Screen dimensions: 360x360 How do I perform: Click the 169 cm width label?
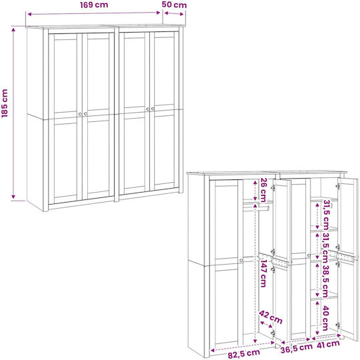pos(94,5)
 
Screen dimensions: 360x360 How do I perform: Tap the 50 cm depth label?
pos(174,5)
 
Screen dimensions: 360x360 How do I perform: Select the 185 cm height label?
pos(5,103)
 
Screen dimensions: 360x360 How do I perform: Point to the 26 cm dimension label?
pos(263,190)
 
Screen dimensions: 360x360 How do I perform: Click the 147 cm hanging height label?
pos(263,273)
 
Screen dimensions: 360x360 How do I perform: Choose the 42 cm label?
pos(271,317)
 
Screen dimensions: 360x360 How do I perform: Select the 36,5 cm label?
pos(297,348)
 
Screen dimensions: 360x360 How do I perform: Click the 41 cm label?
pos(327,345)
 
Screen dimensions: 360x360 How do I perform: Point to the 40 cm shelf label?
pos(325,318)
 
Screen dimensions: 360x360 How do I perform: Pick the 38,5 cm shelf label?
pos(325,281)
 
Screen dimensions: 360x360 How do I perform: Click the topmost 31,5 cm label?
pos(326,215)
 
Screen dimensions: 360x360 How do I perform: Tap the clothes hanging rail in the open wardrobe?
pos(256,209)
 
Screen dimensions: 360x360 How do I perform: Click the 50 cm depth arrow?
pos(174,14)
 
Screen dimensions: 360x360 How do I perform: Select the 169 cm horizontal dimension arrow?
pos(94,13)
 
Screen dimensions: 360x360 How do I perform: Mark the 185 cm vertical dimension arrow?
pos(13,113)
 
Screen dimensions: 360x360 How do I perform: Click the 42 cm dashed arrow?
pos(266,325)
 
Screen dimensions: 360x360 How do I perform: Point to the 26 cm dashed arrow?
pos(255,190)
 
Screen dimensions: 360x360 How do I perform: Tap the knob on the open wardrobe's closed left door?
pos(241,261)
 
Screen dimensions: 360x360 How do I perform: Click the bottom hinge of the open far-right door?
pos(337,325)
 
